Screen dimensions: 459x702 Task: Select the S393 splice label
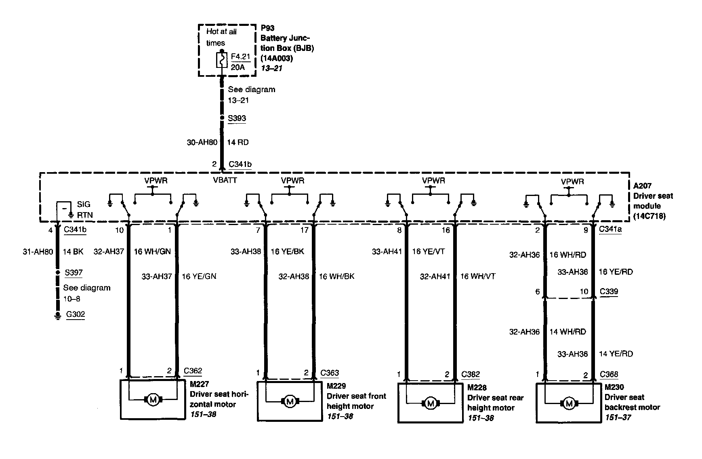[x=237, y=118]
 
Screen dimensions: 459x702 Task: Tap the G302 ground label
[x=76, y=314]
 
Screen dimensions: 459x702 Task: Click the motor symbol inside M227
[x=153, y=400]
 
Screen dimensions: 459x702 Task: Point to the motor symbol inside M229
[x=289, y=402]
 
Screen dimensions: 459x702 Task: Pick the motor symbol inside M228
[x=430, y=403]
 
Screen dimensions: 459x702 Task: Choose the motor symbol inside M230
[x=569, y=403]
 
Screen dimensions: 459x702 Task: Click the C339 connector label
[x=609, y=291]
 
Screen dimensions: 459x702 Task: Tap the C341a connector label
[x=610, y=229]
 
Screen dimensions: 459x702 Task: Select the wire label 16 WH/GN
[x=152, y=252]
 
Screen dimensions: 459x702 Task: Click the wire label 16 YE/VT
[x=428, y=252]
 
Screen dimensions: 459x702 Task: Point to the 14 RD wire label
[x=238, y=142]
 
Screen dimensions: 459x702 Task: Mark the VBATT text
[x=225, y=180]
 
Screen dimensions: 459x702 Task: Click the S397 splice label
[x=74, y=273]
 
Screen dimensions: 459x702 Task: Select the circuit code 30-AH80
[x=202, y=142]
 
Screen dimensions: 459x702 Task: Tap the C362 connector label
[x=193, y=371]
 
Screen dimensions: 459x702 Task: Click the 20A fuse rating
[x=238, y=67]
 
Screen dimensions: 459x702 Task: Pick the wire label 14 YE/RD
[x=616, y=354]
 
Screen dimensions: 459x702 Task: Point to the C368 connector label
[x=609, y=375]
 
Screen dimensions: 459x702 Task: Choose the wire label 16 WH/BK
[x=337, y=276]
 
